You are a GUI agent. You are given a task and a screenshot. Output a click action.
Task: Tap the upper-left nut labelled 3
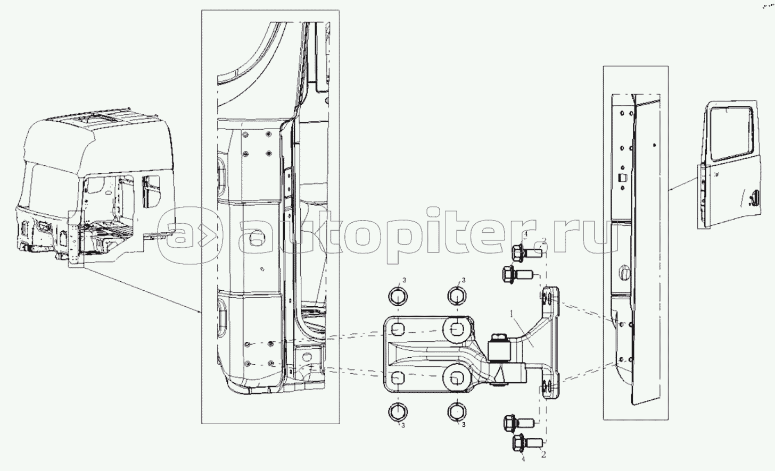[398, 296]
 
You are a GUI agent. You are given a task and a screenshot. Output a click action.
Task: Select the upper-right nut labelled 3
[457, 296]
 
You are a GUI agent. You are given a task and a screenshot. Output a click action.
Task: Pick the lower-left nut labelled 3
[398, 412]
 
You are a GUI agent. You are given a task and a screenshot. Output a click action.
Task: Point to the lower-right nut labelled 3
[457, 412]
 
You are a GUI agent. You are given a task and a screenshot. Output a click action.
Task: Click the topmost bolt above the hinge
[526, 253]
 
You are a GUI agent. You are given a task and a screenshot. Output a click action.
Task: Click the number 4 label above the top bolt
[526, 235]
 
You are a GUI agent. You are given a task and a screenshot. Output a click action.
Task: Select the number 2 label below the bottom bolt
[543, 455]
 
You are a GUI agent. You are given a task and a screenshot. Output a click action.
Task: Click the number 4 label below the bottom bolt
[523, 459]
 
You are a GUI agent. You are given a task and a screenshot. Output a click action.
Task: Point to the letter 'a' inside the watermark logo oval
[177, 235]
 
